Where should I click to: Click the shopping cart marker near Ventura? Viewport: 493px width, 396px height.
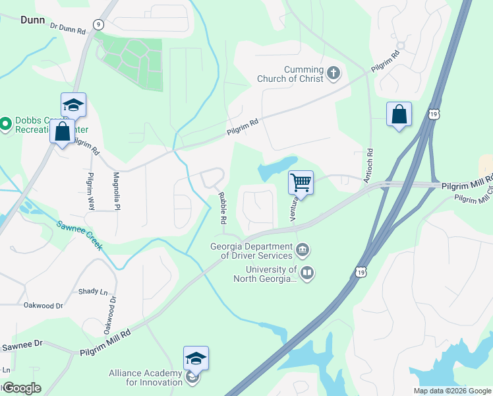pyautogui.click(x=301, y=183)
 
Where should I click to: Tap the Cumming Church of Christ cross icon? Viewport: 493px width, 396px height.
pyautogui.click(x=333, y=73)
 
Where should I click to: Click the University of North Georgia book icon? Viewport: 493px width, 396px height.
pyautogui.click(x=307, y=272)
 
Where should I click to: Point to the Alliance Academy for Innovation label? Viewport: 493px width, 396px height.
pyautogui.click(x=146, y=378)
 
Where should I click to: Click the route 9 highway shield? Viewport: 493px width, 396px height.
pyautogui.click(x=98, y=24)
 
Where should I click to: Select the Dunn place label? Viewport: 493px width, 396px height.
pyautogui.click(x=32, y=20)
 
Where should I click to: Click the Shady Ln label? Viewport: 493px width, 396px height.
pyautogui.click(x=92, y=291)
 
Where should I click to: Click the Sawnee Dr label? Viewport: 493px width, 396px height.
pyautogui.click(x=21, y=344)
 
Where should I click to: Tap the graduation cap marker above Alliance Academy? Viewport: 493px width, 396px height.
pyautogui.click(x=196, y=358)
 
